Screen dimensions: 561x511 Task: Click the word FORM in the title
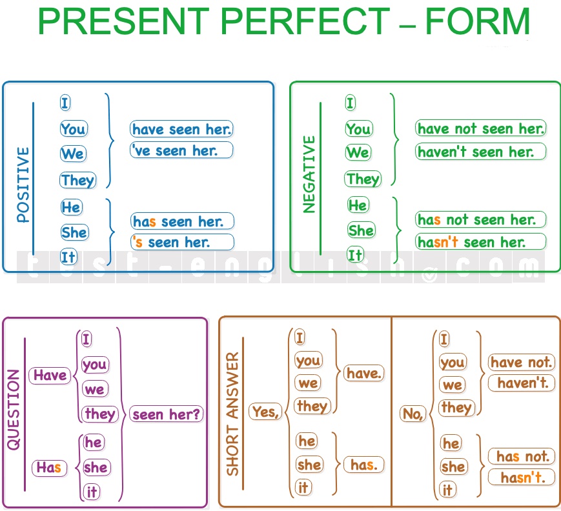pyautogui.click(x=477, y=21)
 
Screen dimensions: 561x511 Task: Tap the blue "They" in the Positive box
pyautogui.click(x=77, y=180)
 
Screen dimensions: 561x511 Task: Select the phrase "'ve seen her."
pyautogui.click(x=181, y=150)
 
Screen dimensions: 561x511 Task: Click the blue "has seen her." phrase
pyautogui.click(x=182, y=222)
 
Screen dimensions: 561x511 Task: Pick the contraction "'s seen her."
pyautogui.click(x=182, y=243)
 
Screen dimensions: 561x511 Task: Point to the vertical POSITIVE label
pyautogui.click(x=23, y=185)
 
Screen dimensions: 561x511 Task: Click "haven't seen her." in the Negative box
pyautogui.click(x=480, y=152)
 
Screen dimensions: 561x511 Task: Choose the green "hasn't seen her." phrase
pyautogui.click(x=480, y=242)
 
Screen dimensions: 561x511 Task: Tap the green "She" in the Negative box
pyautogui.click(x=361, y=230)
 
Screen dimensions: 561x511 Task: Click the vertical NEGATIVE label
pyautogui.click(x=309, y=174)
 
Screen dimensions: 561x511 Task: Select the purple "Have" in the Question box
pyautogui.click(x=50, y=376)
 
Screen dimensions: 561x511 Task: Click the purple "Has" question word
pyautogui.click(x=49, y=468)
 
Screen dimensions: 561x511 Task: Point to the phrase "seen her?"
pyautogui.click(x=166, y=414)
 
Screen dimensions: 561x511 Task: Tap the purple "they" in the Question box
pyautogui.click(x=100, y=414)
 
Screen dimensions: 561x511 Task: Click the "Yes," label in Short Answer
pyautogui.click(x=265, y=411)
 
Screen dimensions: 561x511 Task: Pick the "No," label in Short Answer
pyautogui.click(x=413, y=414)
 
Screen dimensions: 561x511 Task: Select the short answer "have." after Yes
pyautogui.click(x=364, y=374)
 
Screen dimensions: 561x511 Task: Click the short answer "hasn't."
pyautogui.click(x=522, y=477)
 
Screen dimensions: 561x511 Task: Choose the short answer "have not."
pyautogui.click(x=521, y=363)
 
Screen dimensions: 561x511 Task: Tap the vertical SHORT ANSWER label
pyautogui.click(x=232, y=414)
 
